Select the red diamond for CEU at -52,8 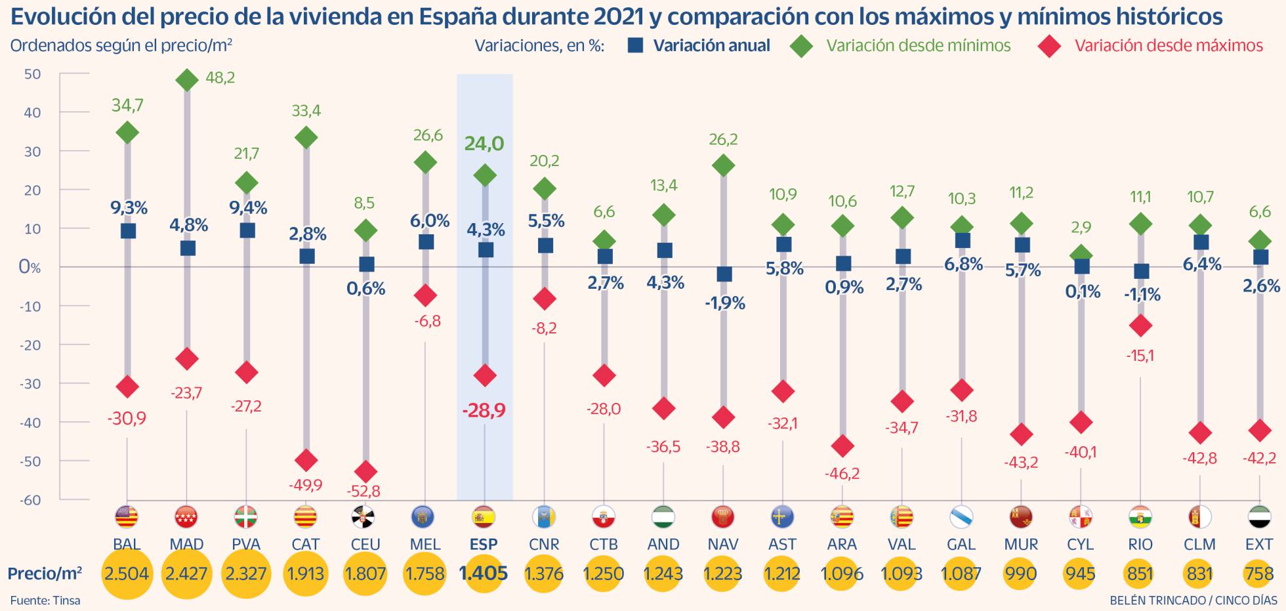(365, 471)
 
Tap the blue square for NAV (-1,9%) (724, 274)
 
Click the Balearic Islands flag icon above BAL (127, 517)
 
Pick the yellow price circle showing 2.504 (126, 574)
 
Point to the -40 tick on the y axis (31, 423)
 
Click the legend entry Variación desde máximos (1168, 45)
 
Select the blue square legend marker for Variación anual (635, 45)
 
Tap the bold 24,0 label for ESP (484, 144)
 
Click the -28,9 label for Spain (484, 411)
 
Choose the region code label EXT (1258, 544)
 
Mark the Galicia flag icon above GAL (961, 517)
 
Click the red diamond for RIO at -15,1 (1141, 325)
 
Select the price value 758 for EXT (1258, 574)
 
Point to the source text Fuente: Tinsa (45, 600)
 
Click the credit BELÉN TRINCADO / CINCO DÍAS (1193, 600)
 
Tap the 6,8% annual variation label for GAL (963, 264)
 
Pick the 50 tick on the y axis (33, 74)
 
